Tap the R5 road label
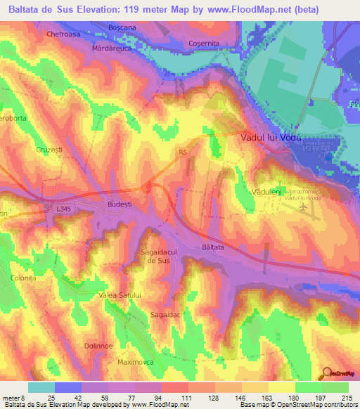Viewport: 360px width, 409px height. point(184,151)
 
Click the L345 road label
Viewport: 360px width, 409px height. point(63,209)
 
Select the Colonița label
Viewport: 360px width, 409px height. point(22,278)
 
